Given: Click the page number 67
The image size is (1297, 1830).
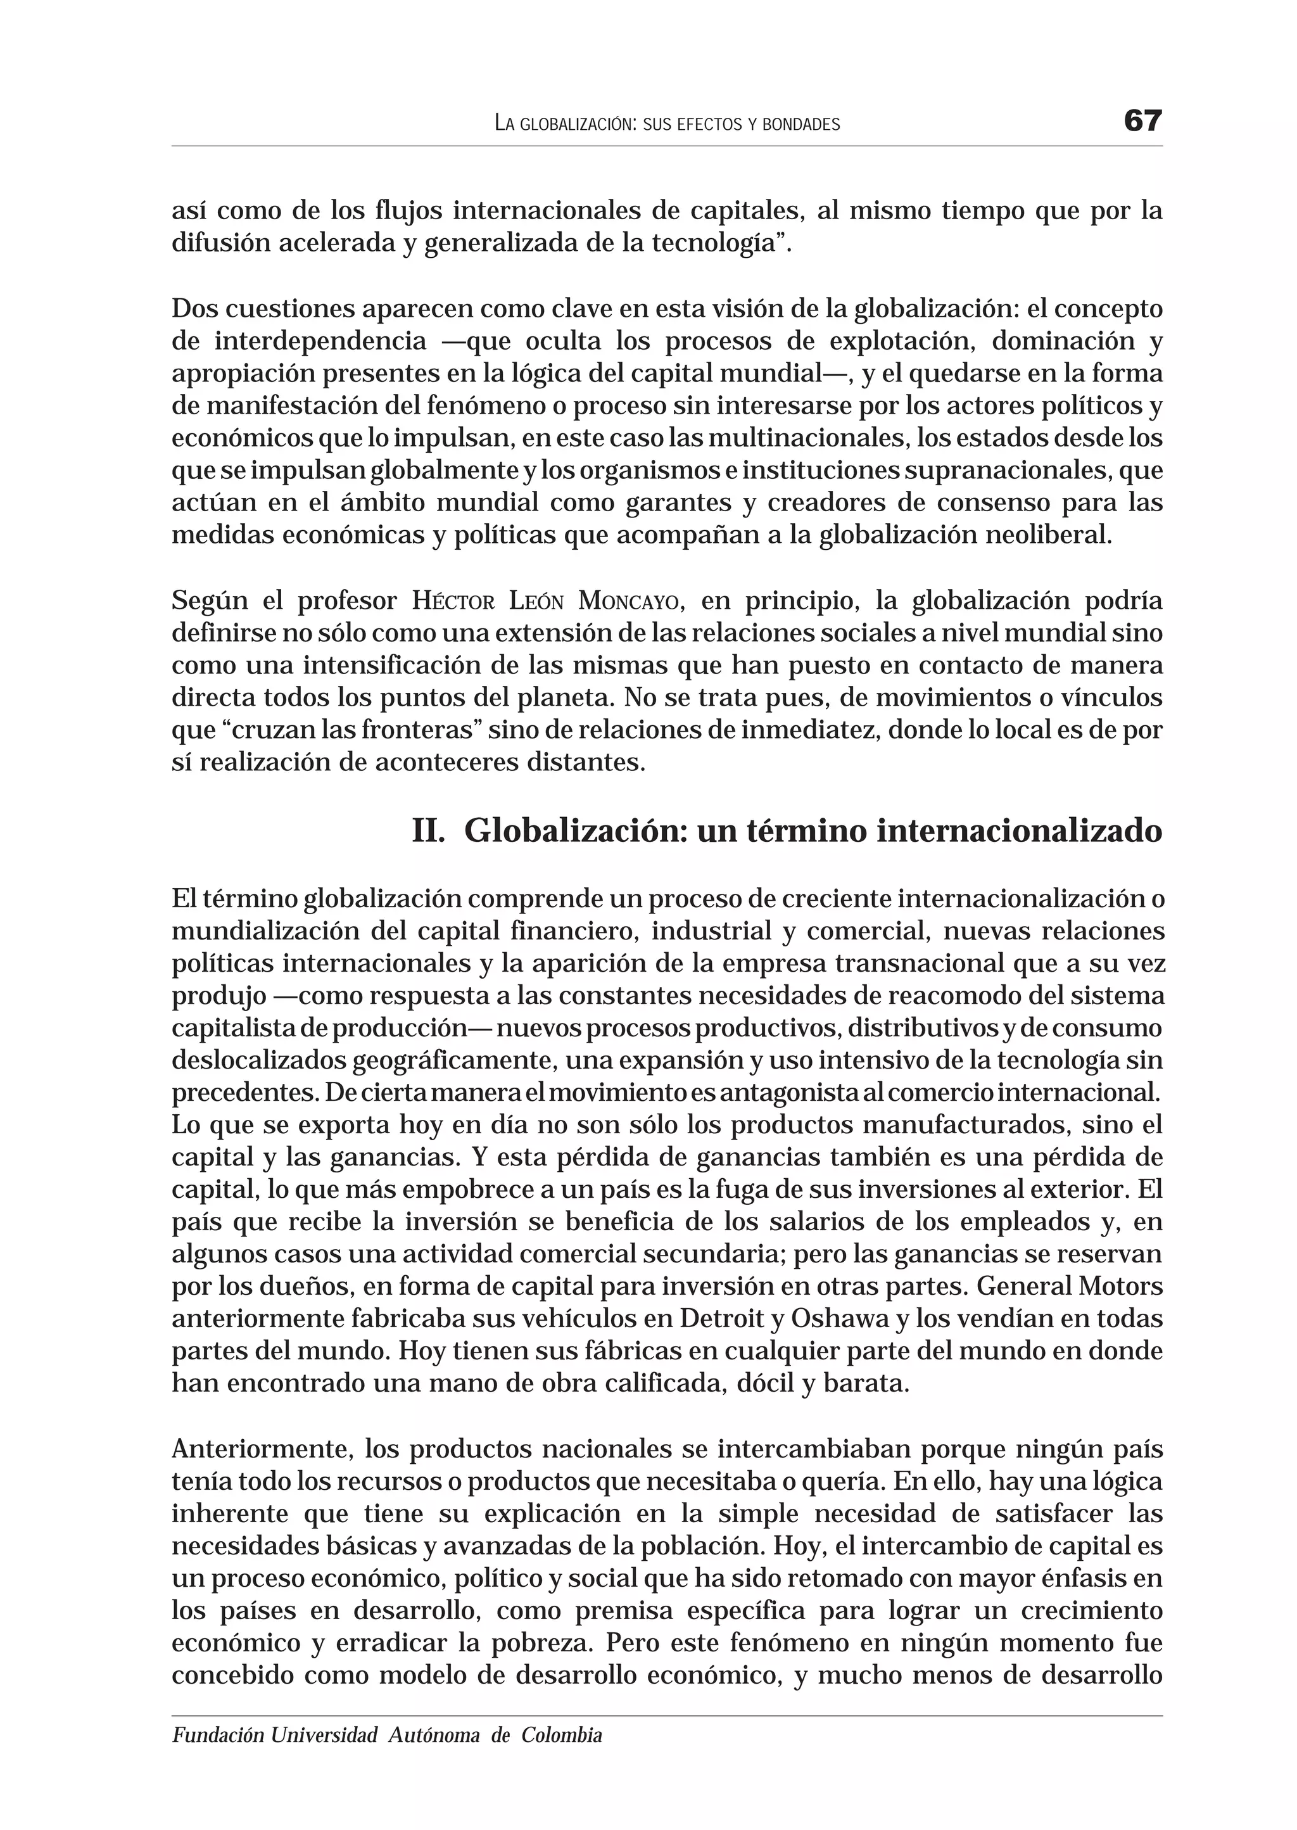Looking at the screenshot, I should pos(1142,122).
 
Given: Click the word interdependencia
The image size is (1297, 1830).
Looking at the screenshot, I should pos(320,341).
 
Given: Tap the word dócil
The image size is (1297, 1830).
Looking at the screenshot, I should pos(765,1383).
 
